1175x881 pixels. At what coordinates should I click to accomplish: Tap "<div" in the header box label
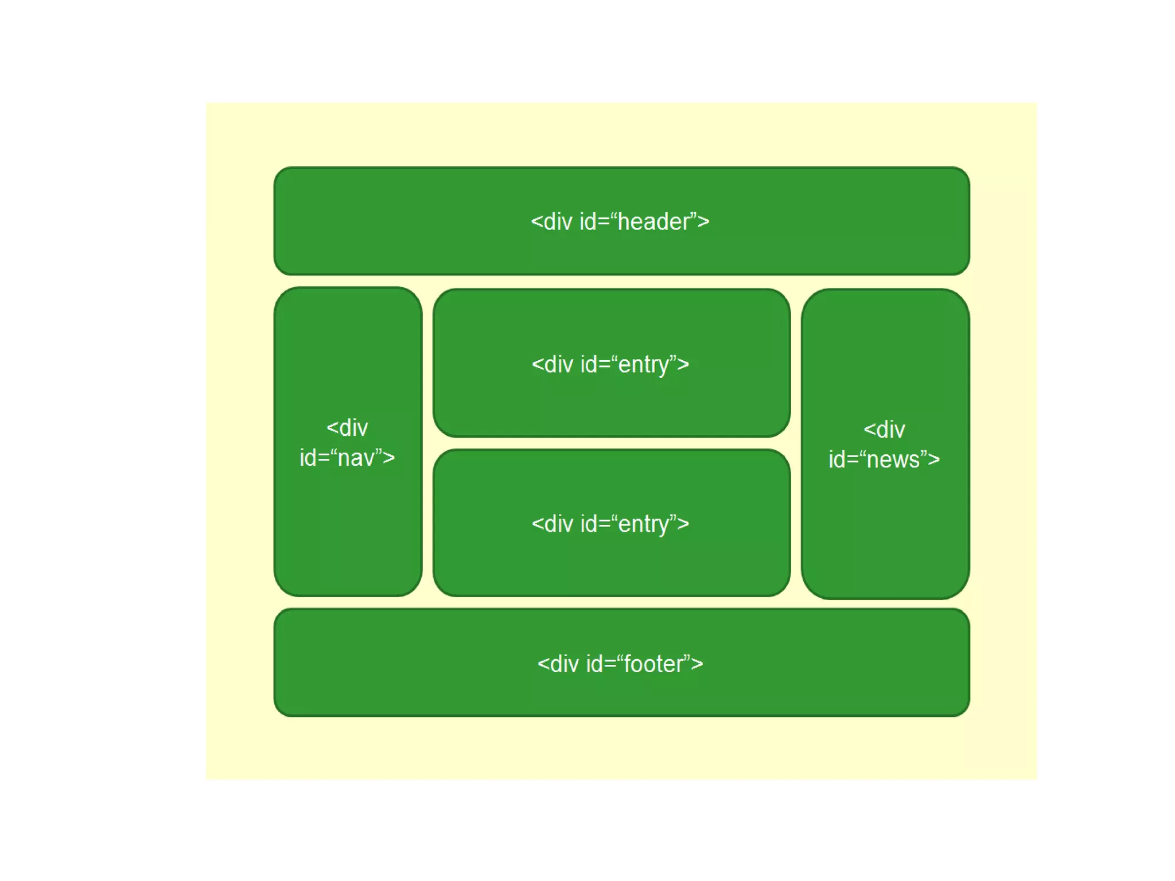coord(551,222)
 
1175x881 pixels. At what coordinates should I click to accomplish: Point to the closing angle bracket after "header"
coord(703,222)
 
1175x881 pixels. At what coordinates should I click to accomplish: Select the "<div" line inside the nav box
coord(347,428)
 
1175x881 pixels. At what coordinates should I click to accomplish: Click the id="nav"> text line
coord(347,458)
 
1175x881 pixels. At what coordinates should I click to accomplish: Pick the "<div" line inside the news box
coord(884,430)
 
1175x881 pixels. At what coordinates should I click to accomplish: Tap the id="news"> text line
coord(884,459)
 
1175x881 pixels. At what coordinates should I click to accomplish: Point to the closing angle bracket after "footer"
coord(697,664)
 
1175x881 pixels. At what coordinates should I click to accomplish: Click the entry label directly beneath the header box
coord(610,365)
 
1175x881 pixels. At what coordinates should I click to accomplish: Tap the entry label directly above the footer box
coord(610,524)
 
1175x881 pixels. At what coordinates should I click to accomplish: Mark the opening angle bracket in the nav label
coord(332,428)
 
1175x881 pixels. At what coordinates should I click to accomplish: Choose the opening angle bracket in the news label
coord(869,430)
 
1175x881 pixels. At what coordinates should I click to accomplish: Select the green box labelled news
coord(885,528)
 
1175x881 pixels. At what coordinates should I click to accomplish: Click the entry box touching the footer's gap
coord(612,568)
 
